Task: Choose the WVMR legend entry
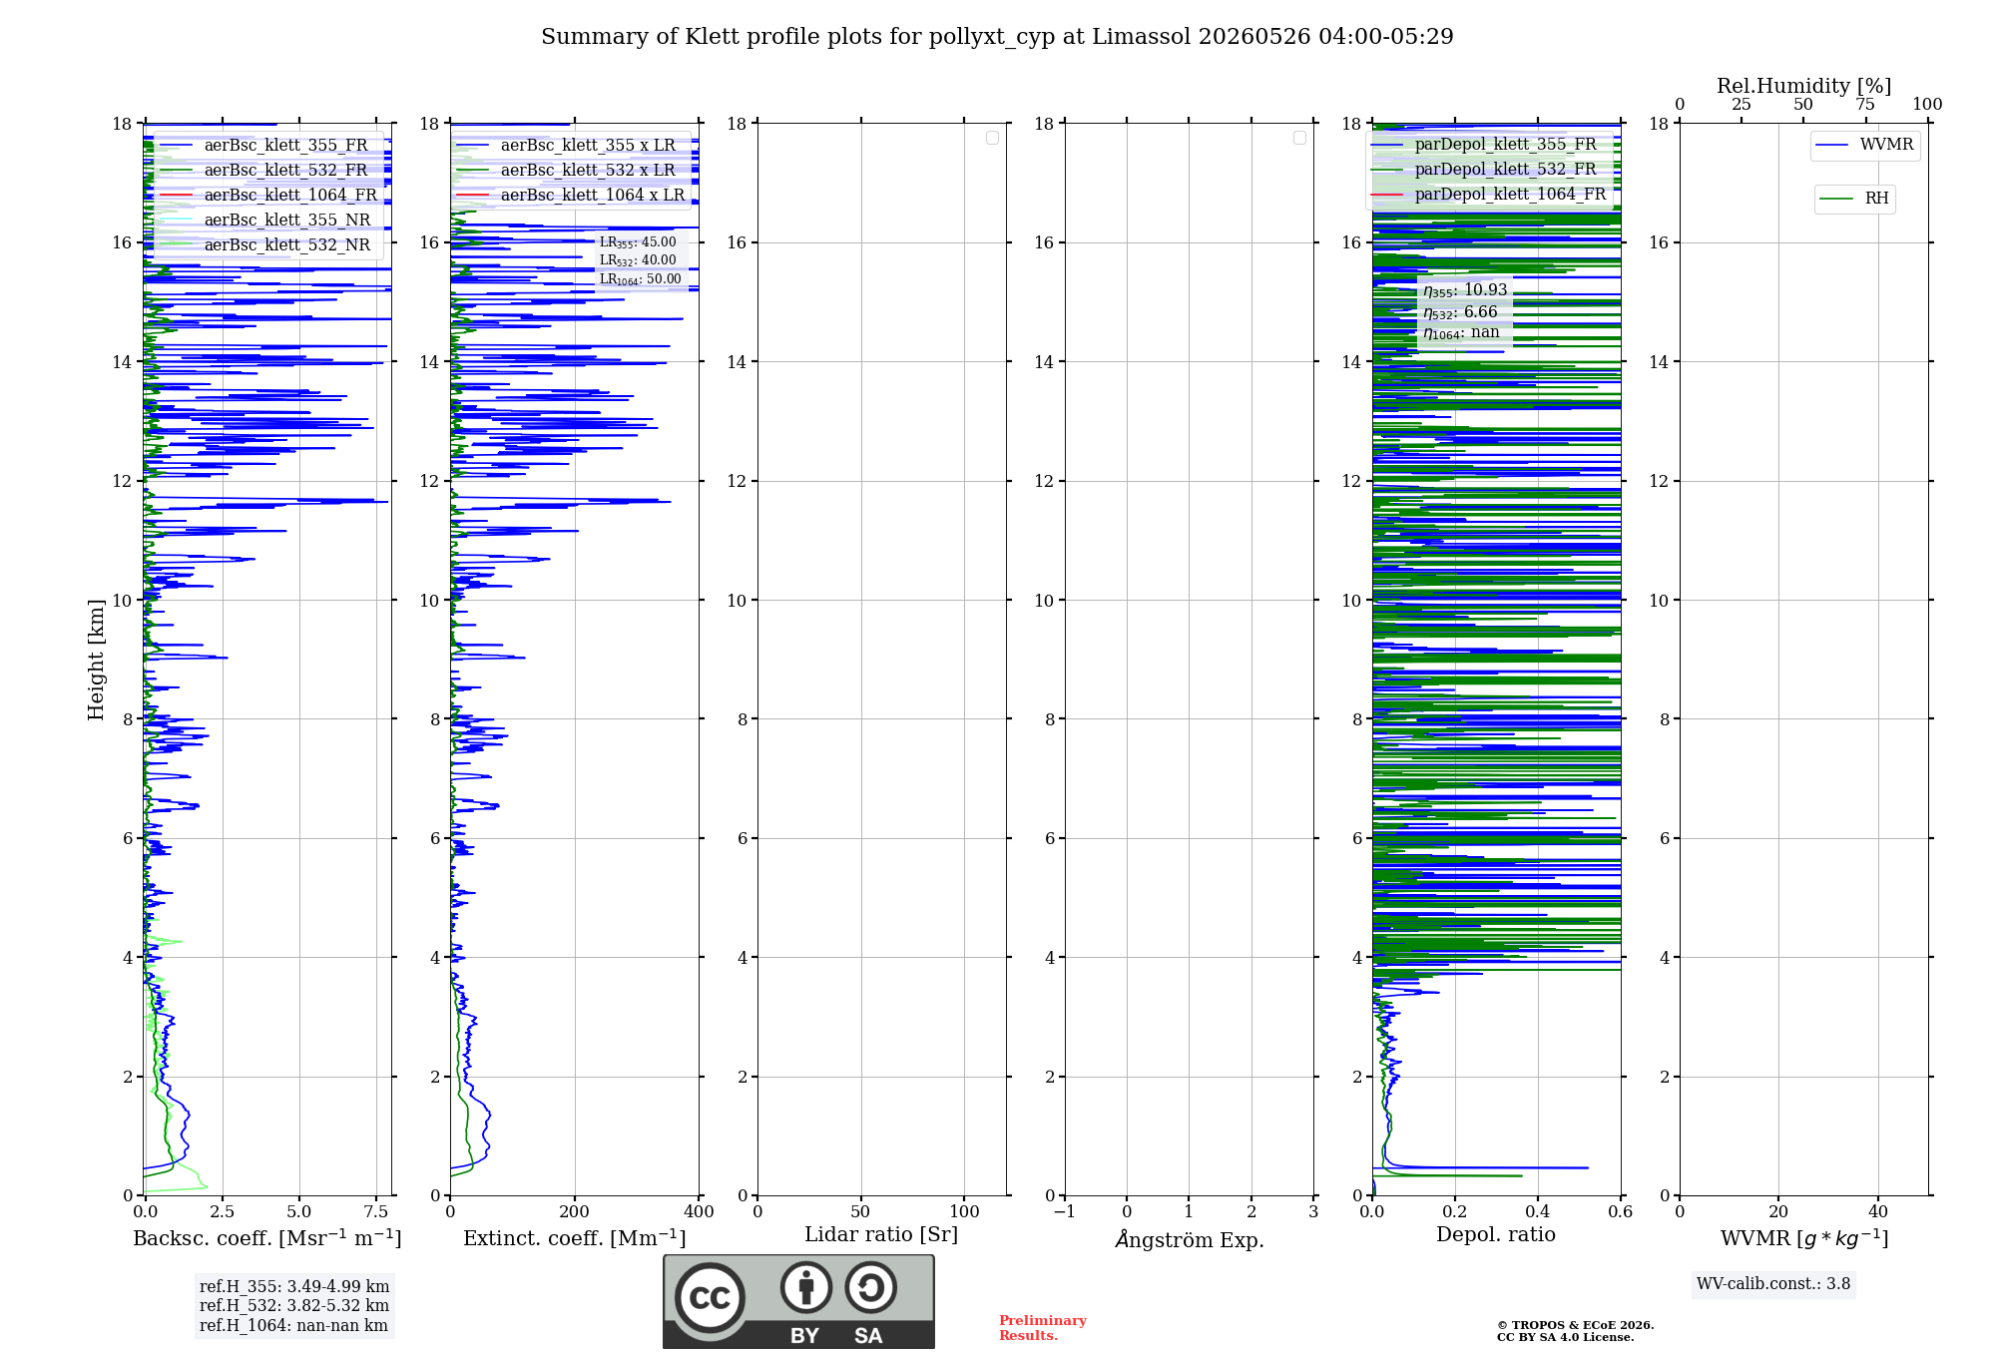(x=1864, y=145)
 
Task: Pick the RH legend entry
(x=1854, y=199)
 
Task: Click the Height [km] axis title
(x=96, y=660)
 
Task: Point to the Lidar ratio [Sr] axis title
(x=881, y=1235)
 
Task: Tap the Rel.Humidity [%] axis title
(x=1804, y=86)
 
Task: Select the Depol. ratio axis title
(x=1496, y=1234)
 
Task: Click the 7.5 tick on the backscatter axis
(x=376, y=1211)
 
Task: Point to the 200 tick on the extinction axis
(x=575, y=1211)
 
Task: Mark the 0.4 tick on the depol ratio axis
(x=1538, y=1211)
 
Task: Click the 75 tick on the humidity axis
(x=1865, y=105)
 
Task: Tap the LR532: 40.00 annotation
(x=638, y=260)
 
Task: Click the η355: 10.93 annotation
(x=1465, y=290)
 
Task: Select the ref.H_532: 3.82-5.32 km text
(x=294, y=1306)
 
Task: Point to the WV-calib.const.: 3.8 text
(x=1773, y=1284)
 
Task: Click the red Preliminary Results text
(x=1043, y=1328)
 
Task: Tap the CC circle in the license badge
(x=710, y=1298)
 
